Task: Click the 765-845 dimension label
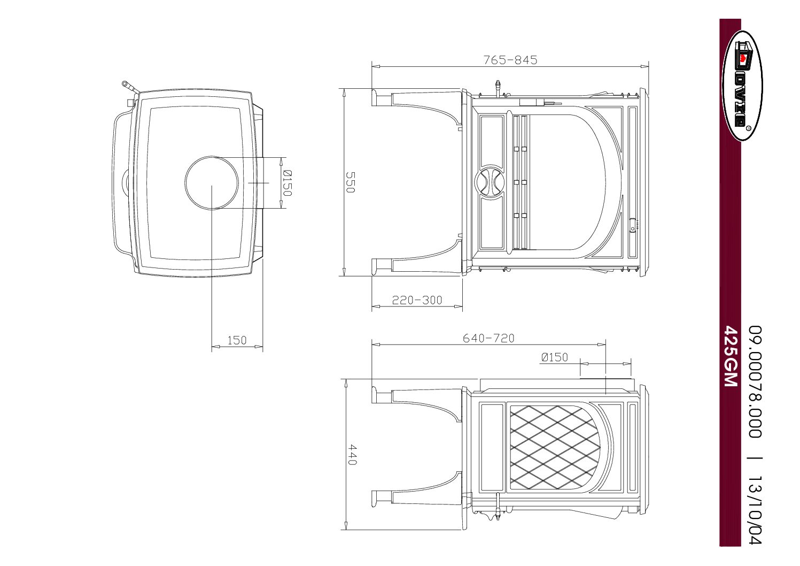point(510,60)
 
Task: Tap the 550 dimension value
point(351,182)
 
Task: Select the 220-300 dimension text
point(417,300)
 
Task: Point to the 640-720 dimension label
point(488,338)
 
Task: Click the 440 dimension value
point(352,454)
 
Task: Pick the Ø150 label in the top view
point(287,183)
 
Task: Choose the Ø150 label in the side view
point(554,357)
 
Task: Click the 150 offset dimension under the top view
point(237,340)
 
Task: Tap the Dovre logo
point(742,86)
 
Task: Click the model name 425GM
point(731,356)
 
